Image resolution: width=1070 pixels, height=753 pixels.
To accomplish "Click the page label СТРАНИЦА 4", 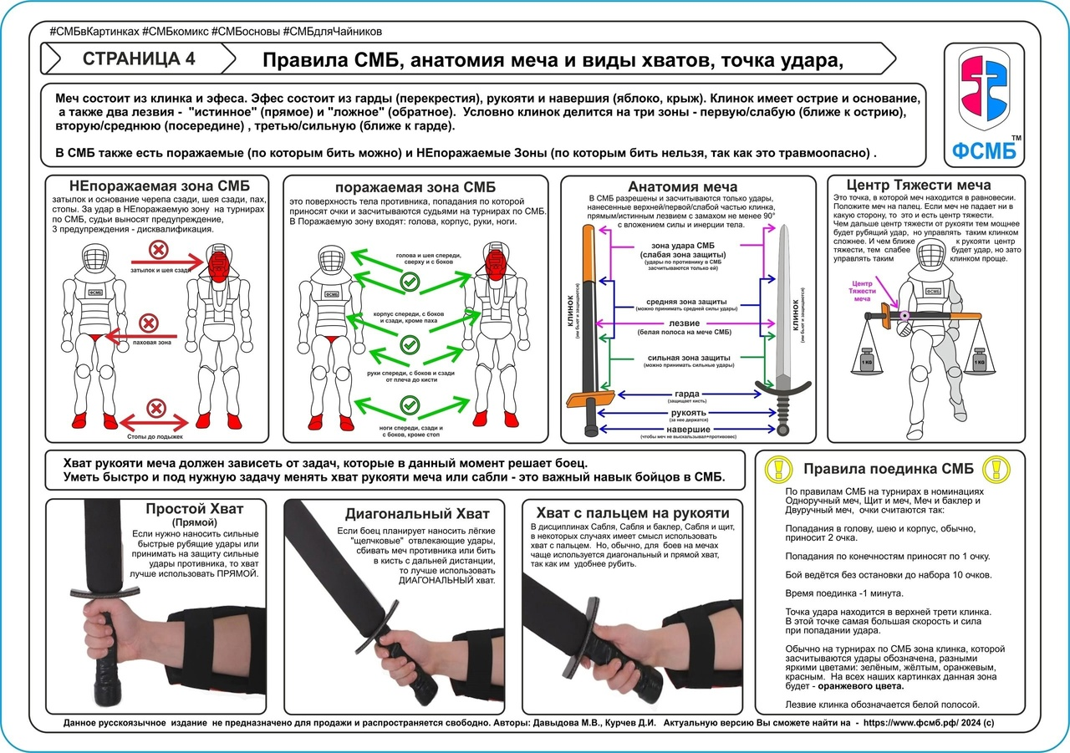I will tap(140, 59).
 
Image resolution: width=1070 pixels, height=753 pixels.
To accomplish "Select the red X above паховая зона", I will tap(148, 323).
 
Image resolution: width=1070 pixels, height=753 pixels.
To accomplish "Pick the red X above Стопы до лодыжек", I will tap(155, 409).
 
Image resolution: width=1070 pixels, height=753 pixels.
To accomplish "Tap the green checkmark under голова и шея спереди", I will tap(409, 282).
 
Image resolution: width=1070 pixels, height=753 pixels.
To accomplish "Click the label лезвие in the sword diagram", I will tap(688, 323).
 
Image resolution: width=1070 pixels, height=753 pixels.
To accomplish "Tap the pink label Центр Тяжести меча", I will tap(861, 290).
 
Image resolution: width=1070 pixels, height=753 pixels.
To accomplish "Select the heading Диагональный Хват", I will tap(417, 513).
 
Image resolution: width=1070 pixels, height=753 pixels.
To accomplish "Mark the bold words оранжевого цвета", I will tap(863, 686).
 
